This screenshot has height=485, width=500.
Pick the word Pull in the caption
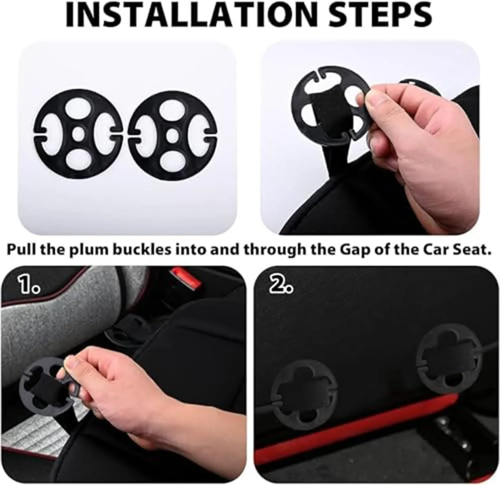[x=22, y=250]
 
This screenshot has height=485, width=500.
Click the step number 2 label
[x=281, y=284]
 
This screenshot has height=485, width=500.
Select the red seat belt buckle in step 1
[x=184, y=276]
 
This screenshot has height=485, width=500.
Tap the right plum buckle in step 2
[x=450, y=364]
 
